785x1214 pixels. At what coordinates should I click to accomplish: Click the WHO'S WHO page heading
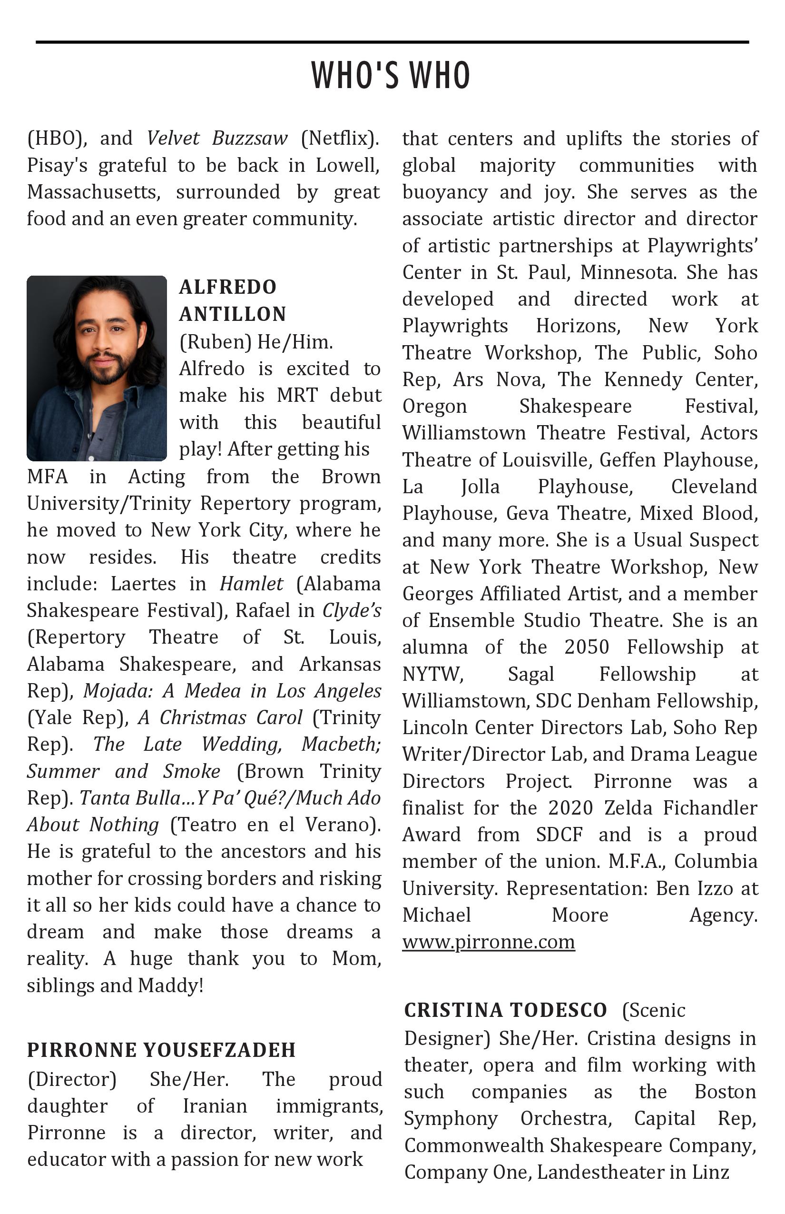click(391, 76)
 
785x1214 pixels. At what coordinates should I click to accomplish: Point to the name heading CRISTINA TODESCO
click(505, 1010)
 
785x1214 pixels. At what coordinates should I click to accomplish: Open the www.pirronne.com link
click(488, 942)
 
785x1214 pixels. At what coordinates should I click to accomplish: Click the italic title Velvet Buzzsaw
click(217, 138)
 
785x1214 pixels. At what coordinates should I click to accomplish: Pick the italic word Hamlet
click(251, 584)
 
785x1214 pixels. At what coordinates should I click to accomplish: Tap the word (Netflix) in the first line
click(340, 138)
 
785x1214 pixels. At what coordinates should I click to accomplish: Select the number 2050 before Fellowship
click(587, 647)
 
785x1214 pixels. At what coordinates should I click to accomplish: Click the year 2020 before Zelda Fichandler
click(570, 808)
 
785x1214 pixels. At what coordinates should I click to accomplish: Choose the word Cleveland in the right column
click(714, 487)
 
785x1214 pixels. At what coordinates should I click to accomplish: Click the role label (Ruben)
click(215, 342)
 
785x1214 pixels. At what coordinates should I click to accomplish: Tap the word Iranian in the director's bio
click(215, 1106)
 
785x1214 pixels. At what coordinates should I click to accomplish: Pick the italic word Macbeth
click(341, 744)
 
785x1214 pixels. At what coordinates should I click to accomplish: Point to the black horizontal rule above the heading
click(392, 42)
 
